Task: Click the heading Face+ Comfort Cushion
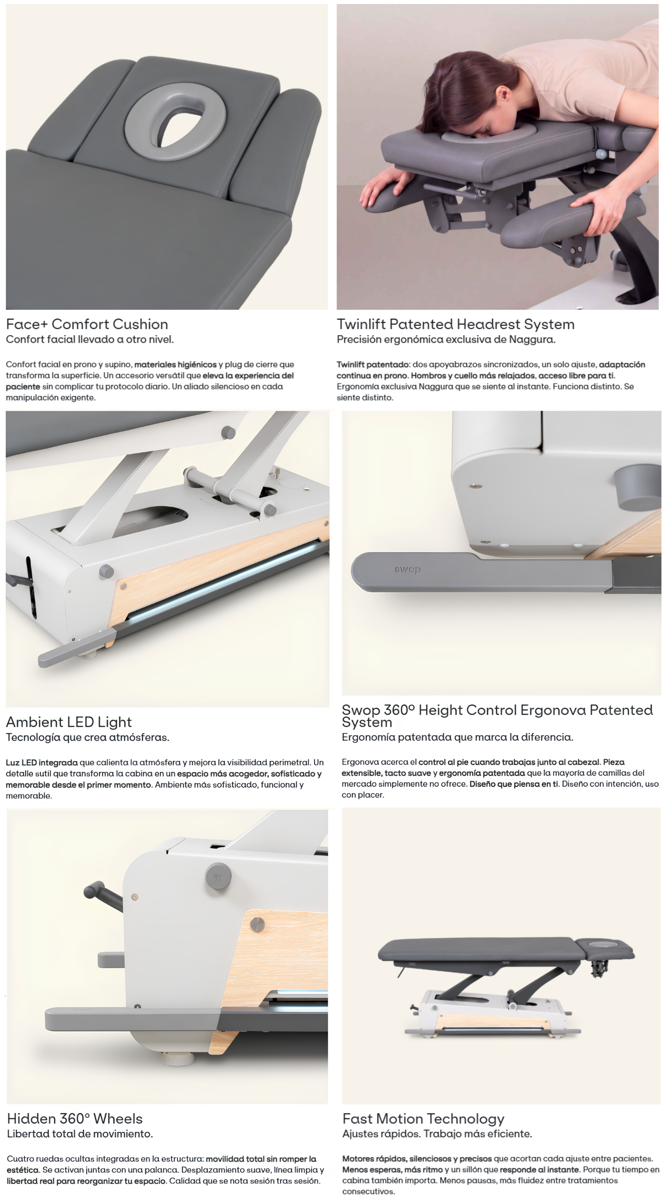(87, 324)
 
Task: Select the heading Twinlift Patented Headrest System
(456, 324)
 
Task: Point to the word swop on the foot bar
(407, 569)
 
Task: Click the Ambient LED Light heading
(69, 722)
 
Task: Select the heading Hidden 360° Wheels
(75, 1118)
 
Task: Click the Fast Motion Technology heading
(423, 1118)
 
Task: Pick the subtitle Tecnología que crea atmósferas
(88, 737)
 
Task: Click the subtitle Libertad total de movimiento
(80, 1134)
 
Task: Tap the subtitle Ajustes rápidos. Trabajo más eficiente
(437, 1134)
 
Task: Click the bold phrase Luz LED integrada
(42, 763)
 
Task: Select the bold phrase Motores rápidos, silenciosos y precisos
(417, 1159)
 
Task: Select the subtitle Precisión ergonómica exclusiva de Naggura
(446, 340)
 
